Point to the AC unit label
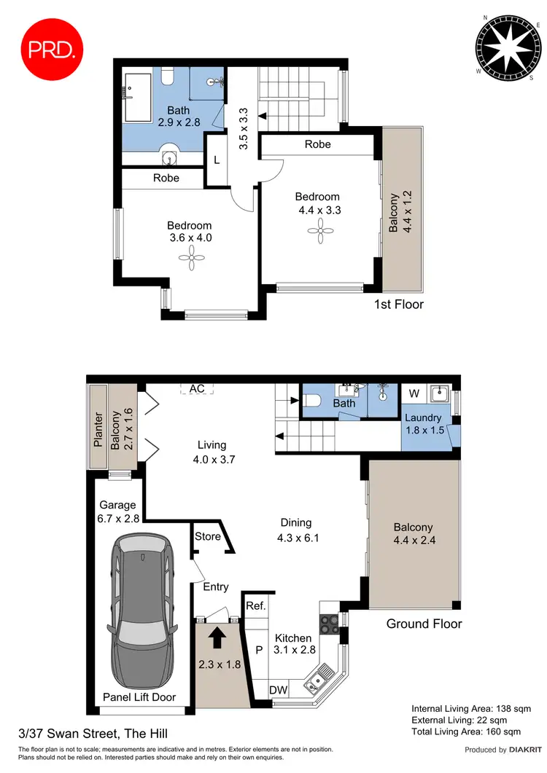point(197,388)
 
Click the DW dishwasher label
point(277,690)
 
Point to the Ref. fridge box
point(255,605)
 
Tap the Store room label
point(207,537)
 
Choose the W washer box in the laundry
point(414,394)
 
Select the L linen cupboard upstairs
point(217,160)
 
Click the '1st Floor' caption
point(398,305)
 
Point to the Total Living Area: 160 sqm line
point(465,731)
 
